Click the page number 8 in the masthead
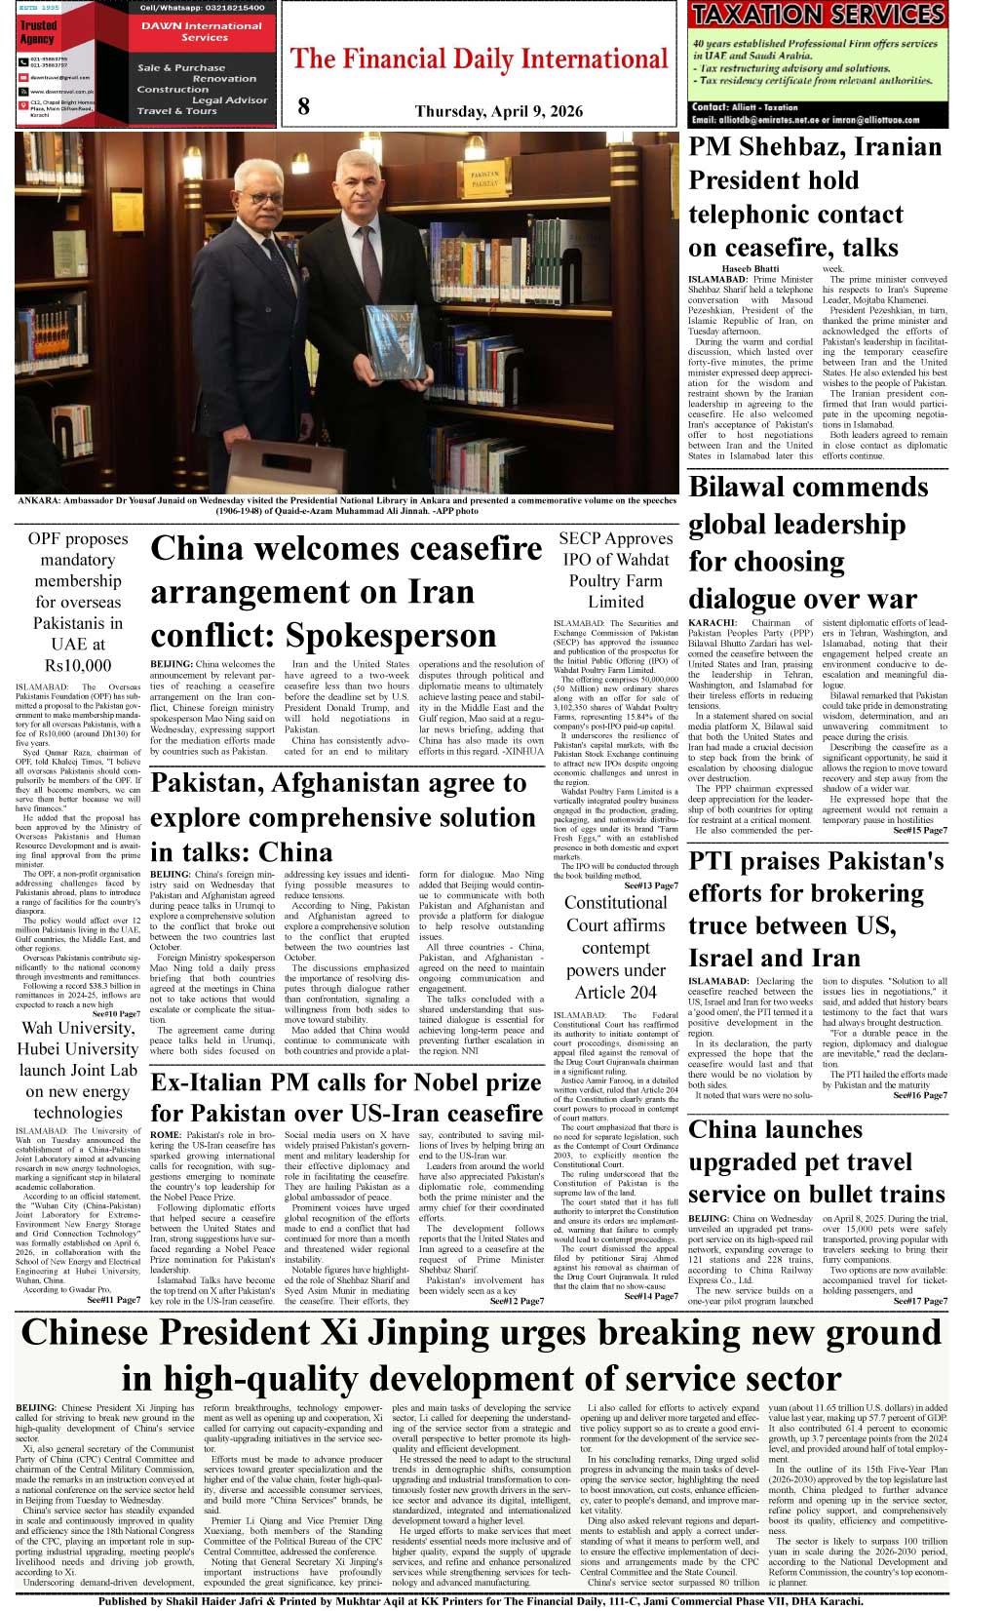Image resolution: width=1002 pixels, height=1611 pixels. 303,106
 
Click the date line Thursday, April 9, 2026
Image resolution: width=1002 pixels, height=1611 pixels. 498,111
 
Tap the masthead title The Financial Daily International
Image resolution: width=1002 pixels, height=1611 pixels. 480,59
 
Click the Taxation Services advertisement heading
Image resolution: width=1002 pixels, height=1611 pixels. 818,15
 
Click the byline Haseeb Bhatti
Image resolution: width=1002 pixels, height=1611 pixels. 750,268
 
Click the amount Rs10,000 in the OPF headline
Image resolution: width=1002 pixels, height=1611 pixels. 78,665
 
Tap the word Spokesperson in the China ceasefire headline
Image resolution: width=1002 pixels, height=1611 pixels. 390,635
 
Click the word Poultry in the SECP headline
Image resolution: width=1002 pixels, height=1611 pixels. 616,580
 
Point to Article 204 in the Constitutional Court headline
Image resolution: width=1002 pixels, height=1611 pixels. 615,992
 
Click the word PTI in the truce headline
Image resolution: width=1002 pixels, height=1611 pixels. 716,861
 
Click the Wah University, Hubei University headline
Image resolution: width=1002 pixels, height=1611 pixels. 78,1039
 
